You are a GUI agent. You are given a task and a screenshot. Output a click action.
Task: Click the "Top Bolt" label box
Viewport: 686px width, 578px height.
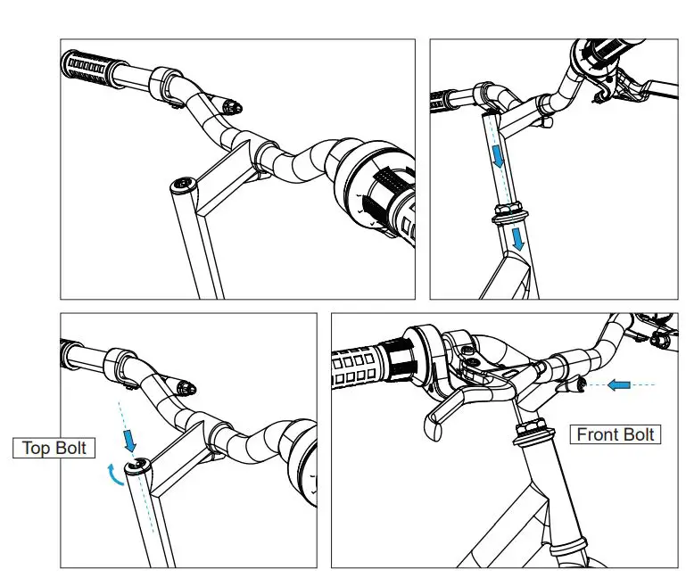pyautogui.click(x=54, y=448)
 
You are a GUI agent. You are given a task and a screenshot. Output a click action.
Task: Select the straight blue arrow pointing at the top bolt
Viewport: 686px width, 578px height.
pyautogui.click(x=131, y=439)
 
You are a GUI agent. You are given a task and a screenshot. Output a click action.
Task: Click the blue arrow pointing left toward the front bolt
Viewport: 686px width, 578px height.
pyautogui.click(x=618, y=384)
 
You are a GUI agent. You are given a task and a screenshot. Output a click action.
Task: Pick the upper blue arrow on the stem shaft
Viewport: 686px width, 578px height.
pyautogui.click(x=497, y=157)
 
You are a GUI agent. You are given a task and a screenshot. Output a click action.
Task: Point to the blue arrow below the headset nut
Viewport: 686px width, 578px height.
pyautogui.click(x=517, y=237)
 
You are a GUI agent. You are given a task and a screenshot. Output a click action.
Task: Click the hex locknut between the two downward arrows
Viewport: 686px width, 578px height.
pyautogui.click(x=508, y=215)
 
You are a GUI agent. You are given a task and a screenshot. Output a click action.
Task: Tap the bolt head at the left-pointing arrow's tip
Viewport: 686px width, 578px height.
pyautogui.click(x=583, y=384)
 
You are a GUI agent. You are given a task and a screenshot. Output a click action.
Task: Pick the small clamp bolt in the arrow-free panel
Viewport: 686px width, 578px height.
pyautogui.click(x=233, y=108)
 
